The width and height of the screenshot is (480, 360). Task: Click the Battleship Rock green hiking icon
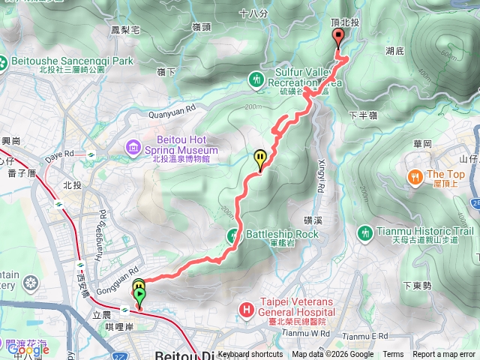[234, 234]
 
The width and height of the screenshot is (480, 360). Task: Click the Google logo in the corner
[28, 349]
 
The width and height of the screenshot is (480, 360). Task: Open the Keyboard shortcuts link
[250, 355]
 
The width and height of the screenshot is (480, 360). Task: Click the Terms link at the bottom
[393, 355]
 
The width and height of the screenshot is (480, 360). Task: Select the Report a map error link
[444, 355]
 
